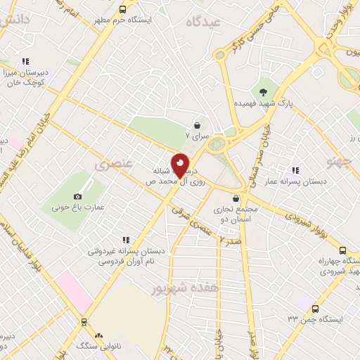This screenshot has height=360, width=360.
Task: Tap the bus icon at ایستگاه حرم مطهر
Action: (x=123, y=10)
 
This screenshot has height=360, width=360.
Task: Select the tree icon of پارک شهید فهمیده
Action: (x=263, y=91)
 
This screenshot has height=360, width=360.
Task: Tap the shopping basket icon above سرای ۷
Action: (x=198, y=123)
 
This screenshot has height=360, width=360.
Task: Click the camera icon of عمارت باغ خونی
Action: (x=77, y=197)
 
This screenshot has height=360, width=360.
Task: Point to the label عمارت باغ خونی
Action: (x=77, y=207)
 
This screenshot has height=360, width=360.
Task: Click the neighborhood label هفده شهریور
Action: (x=186, y=288)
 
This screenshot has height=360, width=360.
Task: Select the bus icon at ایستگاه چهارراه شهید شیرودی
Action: (x=342, y=250)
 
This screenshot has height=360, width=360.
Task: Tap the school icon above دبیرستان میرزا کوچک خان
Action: (x=26, y=61)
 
